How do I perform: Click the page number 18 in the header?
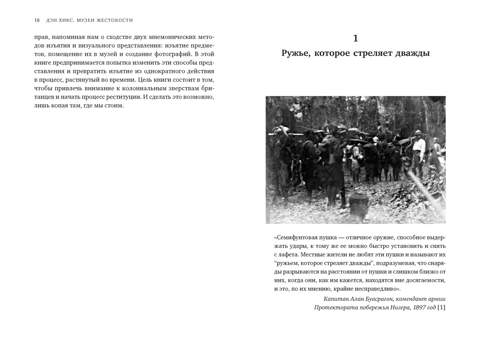tap(37, 20)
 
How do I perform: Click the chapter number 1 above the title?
tap(355, 38)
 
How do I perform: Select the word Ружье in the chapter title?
tap(295, 53)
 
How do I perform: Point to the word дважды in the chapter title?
tap(412, 53)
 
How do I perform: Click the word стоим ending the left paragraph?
tap(114, 106)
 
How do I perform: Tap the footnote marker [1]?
tap(441, 308)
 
